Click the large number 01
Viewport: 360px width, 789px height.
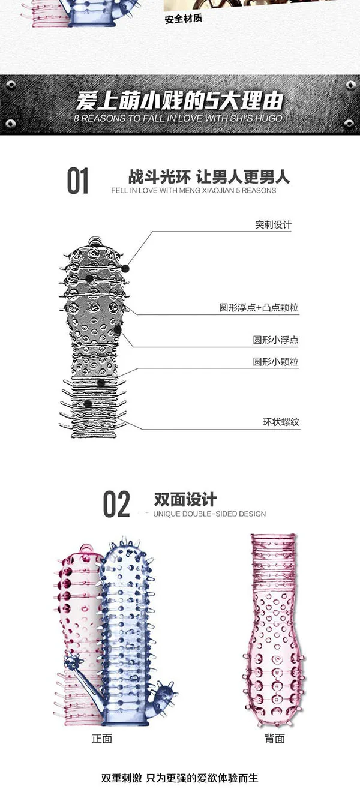(77, 181)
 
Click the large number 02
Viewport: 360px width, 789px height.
(116, 504)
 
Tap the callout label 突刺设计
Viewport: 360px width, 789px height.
(273, 225)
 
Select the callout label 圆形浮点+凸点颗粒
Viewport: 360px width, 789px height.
(259, 308)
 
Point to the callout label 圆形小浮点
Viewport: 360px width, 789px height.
(275, 340)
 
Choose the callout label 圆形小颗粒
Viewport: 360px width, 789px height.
(275, 361)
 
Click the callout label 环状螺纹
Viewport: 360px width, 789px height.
(281, 421)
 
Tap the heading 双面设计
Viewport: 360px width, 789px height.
(185, 499)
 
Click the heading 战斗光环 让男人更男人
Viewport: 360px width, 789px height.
(209, 176)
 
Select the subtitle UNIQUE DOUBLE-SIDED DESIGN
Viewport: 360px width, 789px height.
(209, 514)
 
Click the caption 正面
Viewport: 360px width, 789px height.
(101, 739)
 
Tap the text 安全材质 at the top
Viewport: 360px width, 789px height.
(184, 19)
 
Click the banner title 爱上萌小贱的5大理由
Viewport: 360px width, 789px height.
(179, 100)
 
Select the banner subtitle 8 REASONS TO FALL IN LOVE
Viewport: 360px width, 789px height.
(178, 118)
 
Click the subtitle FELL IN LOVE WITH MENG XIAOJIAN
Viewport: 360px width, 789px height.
(193, 190)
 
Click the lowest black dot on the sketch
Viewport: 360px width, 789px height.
(88, 404)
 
